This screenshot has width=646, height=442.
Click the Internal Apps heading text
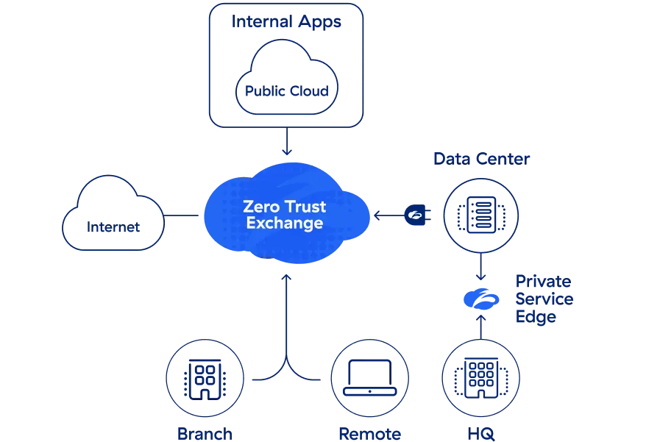(x=286, y=21)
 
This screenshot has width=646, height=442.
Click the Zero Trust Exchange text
(x=285, y=215)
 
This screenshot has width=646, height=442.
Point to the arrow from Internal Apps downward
(x=286, y=140)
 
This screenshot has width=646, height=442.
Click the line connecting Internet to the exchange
(x=181, y=215)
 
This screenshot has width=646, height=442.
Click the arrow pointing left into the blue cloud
(x=386, y=215)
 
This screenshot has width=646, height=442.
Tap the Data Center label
(x=481, y=159)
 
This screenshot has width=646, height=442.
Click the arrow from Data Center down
(x=480, y=266)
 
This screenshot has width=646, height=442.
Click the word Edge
(x=536, y=318)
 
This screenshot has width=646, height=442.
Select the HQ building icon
(x=480, y=379)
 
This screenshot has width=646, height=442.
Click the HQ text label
(x=480, y=433)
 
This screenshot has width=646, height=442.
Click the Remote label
(x=369, y=433)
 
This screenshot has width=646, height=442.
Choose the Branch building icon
(x=204, y=379)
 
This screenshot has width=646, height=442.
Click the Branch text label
(x=205, y=433)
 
